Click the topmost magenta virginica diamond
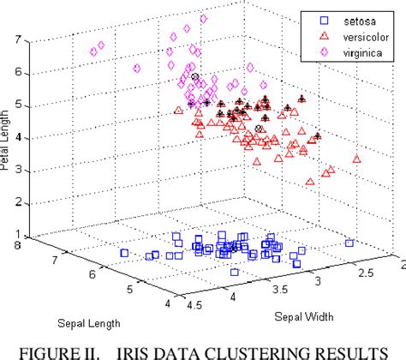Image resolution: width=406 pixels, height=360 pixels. point(203,18)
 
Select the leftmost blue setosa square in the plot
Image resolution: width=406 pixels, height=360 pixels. point(124,253)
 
